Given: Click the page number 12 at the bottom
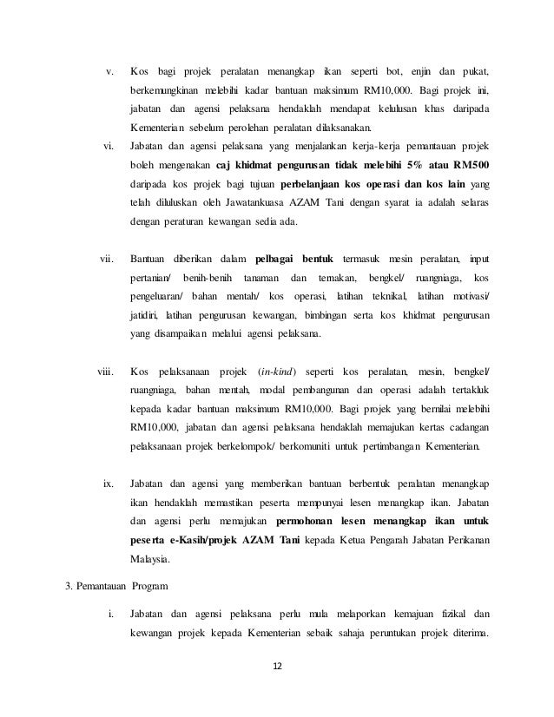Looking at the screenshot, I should pyautogui.click(x=277, y=667).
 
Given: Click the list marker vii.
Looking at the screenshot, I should pyautogui.click(x=108, y=259).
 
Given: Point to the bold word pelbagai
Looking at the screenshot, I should pyautogui.click(x=275, y=259).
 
